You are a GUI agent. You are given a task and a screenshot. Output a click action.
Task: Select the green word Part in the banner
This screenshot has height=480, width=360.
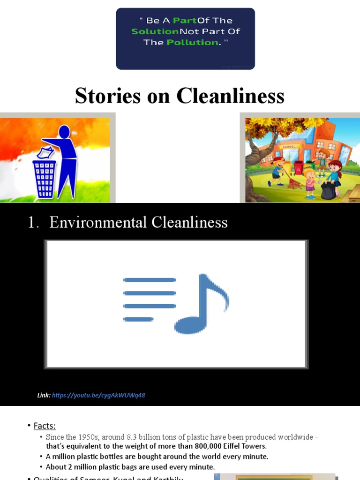[x=184, y=21]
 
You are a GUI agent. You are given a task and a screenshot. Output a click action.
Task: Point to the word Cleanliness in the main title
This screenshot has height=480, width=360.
[x=230, y=96]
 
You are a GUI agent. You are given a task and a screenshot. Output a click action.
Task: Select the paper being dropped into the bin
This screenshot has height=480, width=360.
[x=45, y=153]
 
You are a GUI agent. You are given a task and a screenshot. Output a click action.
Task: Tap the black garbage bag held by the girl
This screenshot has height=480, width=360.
[x=328, y=191]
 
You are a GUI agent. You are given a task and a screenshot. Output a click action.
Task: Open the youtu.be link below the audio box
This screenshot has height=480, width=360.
[x=98, y=395]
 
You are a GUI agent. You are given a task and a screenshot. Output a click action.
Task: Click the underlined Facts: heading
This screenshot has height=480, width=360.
[x=45, y=426]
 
